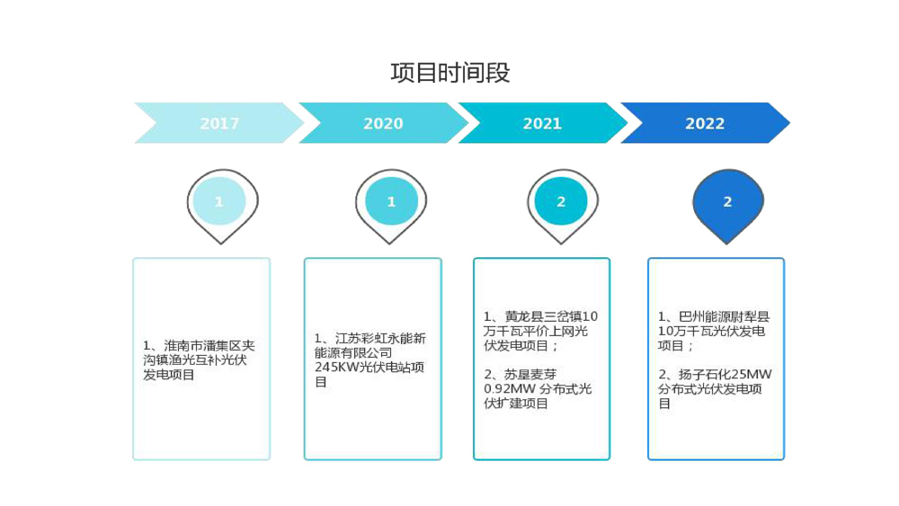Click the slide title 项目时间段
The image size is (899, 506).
coord(450,73)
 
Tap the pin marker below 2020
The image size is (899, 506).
coord(391,203)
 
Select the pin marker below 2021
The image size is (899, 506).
coord(561,203)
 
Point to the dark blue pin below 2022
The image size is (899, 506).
coord(727,203)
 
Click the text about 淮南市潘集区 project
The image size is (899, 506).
coord(200,360)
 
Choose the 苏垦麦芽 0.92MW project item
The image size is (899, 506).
coord(538,388)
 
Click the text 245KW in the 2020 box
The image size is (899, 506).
coord(335,368)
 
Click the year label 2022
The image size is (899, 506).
coord(705,124)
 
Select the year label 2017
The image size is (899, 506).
coord(219,124)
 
